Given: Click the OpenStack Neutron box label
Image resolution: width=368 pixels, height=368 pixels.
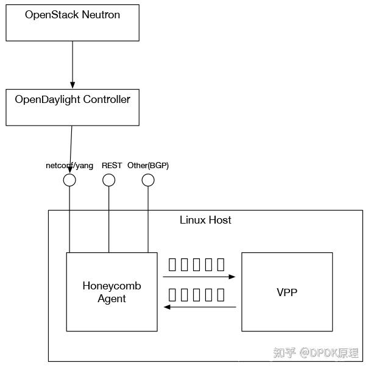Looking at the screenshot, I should [x=73, y=15].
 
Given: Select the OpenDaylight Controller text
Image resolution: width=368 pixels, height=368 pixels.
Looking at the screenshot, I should [x=73, y=99].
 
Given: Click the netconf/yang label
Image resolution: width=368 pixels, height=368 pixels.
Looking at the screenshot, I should [x=69, y=166].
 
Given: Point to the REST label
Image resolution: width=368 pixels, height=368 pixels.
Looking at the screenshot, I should [x=111, y=166].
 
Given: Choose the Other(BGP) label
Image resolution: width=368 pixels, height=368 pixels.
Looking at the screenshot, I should [x=148, y=166].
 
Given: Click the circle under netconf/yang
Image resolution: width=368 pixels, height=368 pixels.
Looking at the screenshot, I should [x=69, y=180].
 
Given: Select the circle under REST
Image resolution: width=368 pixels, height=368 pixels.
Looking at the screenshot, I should [x=109, y=180].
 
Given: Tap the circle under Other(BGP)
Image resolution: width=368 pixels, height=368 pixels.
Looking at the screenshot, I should [x=148, y=180].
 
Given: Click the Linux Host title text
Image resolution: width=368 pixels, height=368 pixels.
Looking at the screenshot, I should [x=205, y=220].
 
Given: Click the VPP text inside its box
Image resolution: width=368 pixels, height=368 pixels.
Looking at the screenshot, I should [x=287, y=292].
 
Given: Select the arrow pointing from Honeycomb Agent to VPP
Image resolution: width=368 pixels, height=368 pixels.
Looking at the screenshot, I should [x=199, y=277].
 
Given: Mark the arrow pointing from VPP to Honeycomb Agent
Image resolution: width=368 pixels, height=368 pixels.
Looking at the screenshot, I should [x=199, y=307].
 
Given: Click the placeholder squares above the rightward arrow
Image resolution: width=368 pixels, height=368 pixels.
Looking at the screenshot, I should [x=197, y=264].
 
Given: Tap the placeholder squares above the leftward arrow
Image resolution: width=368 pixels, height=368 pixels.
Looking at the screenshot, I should [x=197, y=295].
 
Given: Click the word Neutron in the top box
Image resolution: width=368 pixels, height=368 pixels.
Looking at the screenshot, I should [x=100, y=15].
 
